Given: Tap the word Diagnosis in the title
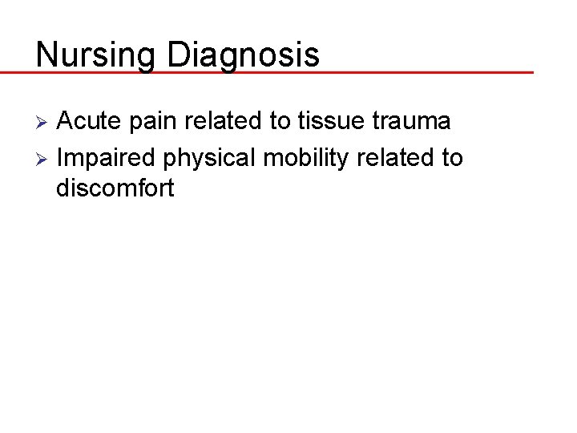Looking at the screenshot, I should coord(243,55).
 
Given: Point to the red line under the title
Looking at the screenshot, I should coord(321,72).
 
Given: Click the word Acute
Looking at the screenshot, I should coord(89,122).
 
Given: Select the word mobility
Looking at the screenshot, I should coord(306,159).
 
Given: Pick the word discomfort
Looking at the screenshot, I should coord(115,189).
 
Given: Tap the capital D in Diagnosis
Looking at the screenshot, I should coord(177,55).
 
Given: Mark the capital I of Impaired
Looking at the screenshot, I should coord(60,158).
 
